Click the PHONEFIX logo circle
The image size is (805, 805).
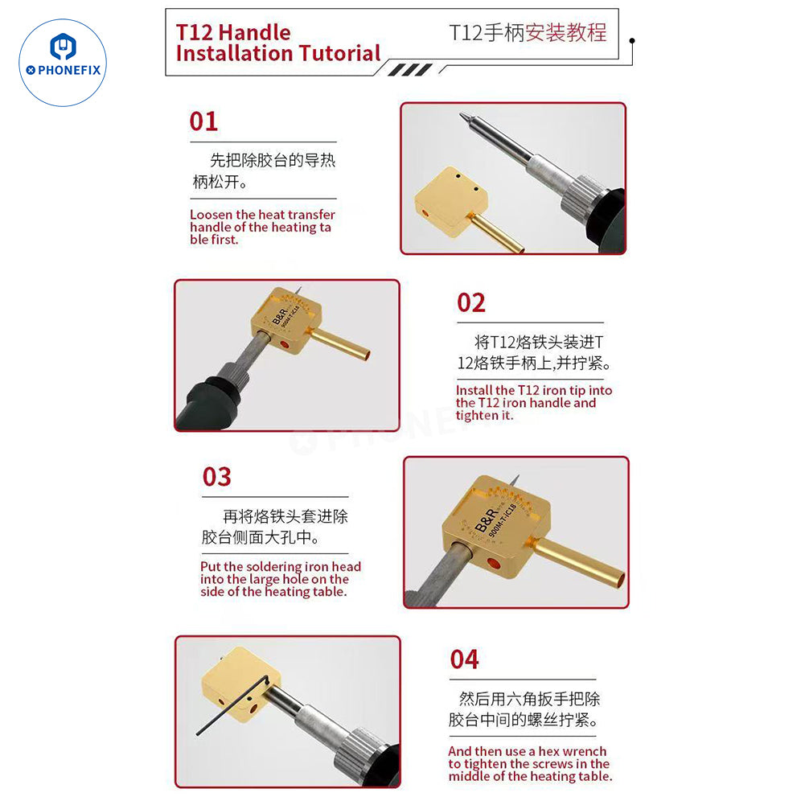click(x=63, y=63)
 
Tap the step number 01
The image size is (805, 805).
click(x=203, y=121)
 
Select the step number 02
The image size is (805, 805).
click(x=471, y=303)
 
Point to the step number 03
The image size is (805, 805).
click(x=216, y=477)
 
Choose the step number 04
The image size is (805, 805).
click(x=464, y=659)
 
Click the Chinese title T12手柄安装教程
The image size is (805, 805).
click(x=528, y=33)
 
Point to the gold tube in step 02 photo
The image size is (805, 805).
click(x=339, y=343)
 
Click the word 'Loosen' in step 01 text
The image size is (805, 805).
click(x=212, y=215)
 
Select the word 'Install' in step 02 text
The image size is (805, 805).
click(x=474, y=391)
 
